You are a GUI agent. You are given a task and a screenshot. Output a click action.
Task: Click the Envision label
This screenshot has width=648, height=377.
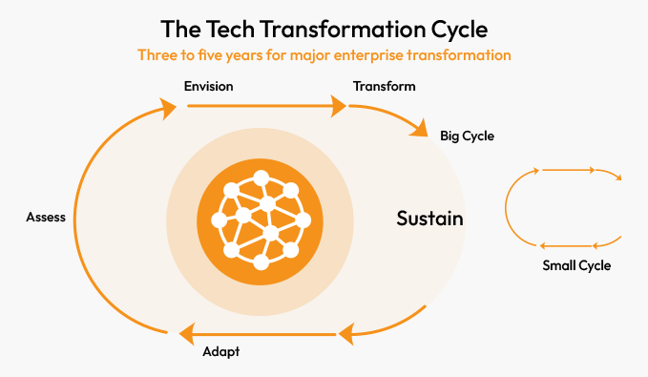[208, 86]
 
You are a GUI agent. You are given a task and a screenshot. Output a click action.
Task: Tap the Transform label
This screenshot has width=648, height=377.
[384, 86]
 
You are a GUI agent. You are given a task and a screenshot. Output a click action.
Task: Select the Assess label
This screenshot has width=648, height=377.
[46, 217]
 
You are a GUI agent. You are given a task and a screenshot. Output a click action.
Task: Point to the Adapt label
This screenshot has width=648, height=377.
[220, 352]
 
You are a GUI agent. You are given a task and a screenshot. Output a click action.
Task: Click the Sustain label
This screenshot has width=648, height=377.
[429, 220]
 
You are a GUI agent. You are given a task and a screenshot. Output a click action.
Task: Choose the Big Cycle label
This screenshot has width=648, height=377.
[467, 136]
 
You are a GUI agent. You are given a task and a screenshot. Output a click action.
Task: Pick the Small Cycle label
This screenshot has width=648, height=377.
[576, 265]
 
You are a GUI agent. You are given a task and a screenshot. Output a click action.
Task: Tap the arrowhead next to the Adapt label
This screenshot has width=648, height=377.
[181, 332]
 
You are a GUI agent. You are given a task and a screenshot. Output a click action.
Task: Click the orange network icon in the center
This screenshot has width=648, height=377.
[260, 220]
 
